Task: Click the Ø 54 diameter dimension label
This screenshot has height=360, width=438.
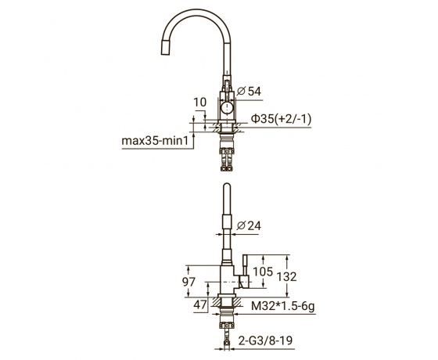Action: coord(249,92)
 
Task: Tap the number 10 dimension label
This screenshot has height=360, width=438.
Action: coord(200,103)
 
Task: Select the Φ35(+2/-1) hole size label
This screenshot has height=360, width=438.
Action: coord(281,119)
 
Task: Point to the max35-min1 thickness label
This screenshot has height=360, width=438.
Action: coord(156,141)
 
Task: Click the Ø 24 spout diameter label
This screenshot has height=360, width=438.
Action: coord(249,225)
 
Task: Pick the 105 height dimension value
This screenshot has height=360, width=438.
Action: coord(263,272)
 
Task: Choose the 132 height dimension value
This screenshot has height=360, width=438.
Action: coord(286,277)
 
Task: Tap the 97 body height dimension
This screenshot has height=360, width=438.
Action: coord(188,282)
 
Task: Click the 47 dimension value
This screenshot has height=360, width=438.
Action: coord(200,305)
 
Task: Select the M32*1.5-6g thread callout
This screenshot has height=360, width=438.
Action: coord(283,306)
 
